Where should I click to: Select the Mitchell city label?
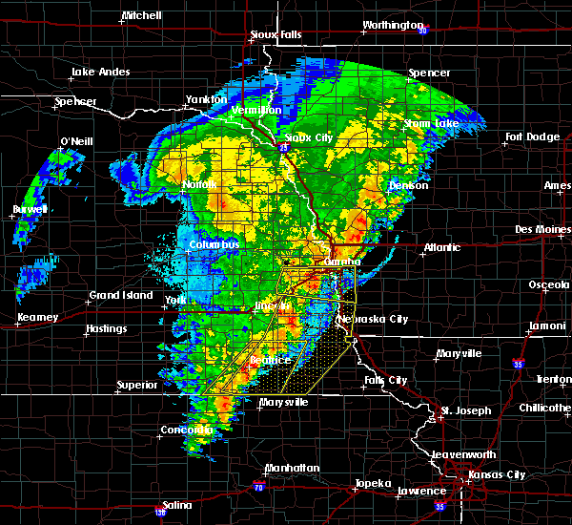(141, 17)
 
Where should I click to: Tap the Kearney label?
(37, 318)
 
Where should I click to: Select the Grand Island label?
(121, 296)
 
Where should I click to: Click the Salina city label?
(176, 505)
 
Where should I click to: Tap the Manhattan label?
(293, 468)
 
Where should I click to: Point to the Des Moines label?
(541, 230)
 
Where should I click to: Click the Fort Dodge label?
(532, 137)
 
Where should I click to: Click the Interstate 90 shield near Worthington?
(422, 31)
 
